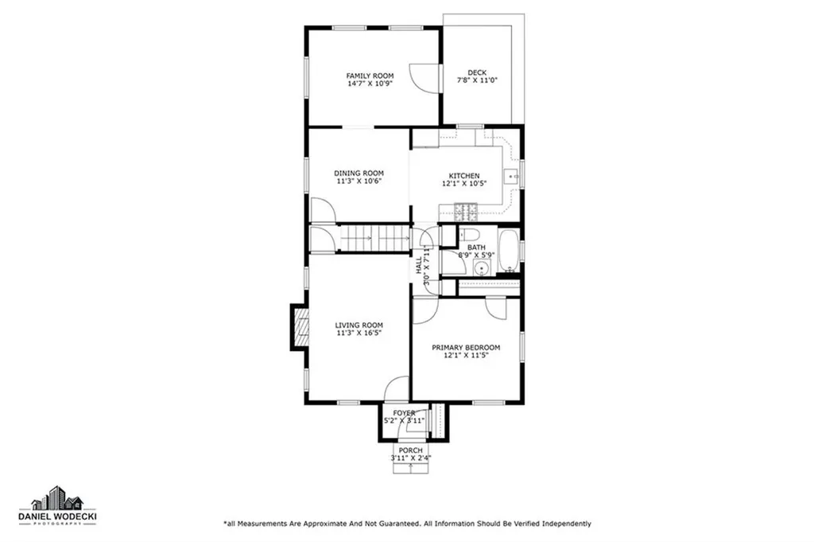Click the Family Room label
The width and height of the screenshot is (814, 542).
[x=370, y=76]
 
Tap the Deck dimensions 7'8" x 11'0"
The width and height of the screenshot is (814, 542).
[x=477, y=80]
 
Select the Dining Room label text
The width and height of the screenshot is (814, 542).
[x=359, y=173]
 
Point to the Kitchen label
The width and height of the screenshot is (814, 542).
[x=464, y=176]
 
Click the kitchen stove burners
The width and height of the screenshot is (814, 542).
[x=466, y=212]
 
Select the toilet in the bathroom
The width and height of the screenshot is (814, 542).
[x=469, y=235]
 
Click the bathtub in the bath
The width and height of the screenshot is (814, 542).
[x=508, y=251]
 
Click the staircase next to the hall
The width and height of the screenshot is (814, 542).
[x=374, y=238]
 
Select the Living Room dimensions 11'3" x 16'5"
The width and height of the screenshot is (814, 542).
[x=359, y=333]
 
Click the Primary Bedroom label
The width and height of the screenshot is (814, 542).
[x=466, y=347]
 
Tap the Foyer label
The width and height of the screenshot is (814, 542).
[x=404, y=412]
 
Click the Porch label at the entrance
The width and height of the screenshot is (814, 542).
[x=410, y=450]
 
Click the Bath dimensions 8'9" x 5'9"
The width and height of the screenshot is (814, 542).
[x=476, y=255]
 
